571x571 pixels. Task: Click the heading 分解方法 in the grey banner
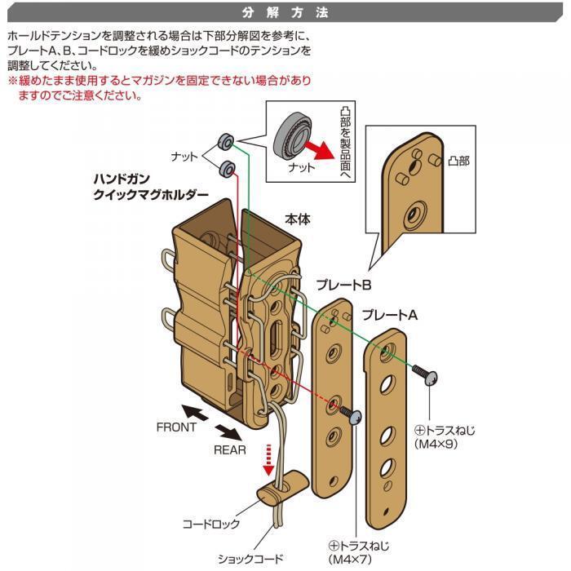coord(285,13)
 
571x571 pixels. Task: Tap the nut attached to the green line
coord(226,141)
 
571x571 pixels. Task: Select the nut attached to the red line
coord(228,169)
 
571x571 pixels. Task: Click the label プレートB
coord(343,285)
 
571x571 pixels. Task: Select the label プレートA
coord(389,315)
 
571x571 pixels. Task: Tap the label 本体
coord(298,219)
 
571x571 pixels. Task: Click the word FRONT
coord(176,427)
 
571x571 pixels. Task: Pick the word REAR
coord(229,450)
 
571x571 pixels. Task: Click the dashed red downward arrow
coord(268,459)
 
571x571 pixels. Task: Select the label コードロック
coord(211,524)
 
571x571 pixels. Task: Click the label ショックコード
coord(250,559)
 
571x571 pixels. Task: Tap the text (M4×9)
coord(436,444)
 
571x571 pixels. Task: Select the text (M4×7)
coord(350,559)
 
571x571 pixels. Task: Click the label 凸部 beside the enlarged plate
coord(458,161)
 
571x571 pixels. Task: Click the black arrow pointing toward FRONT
coord(195,413)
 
